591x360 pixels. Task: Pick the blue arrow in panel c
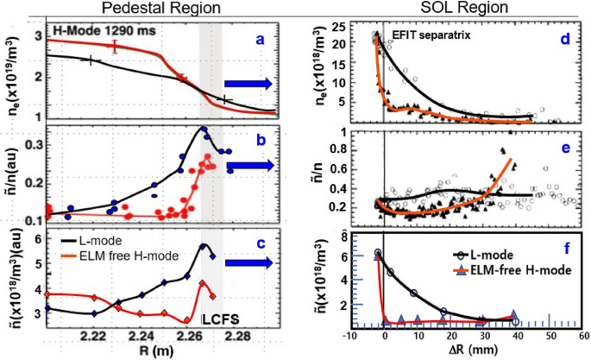[248, 262]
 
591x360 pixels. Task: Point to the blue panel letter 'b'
[259, 139]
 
